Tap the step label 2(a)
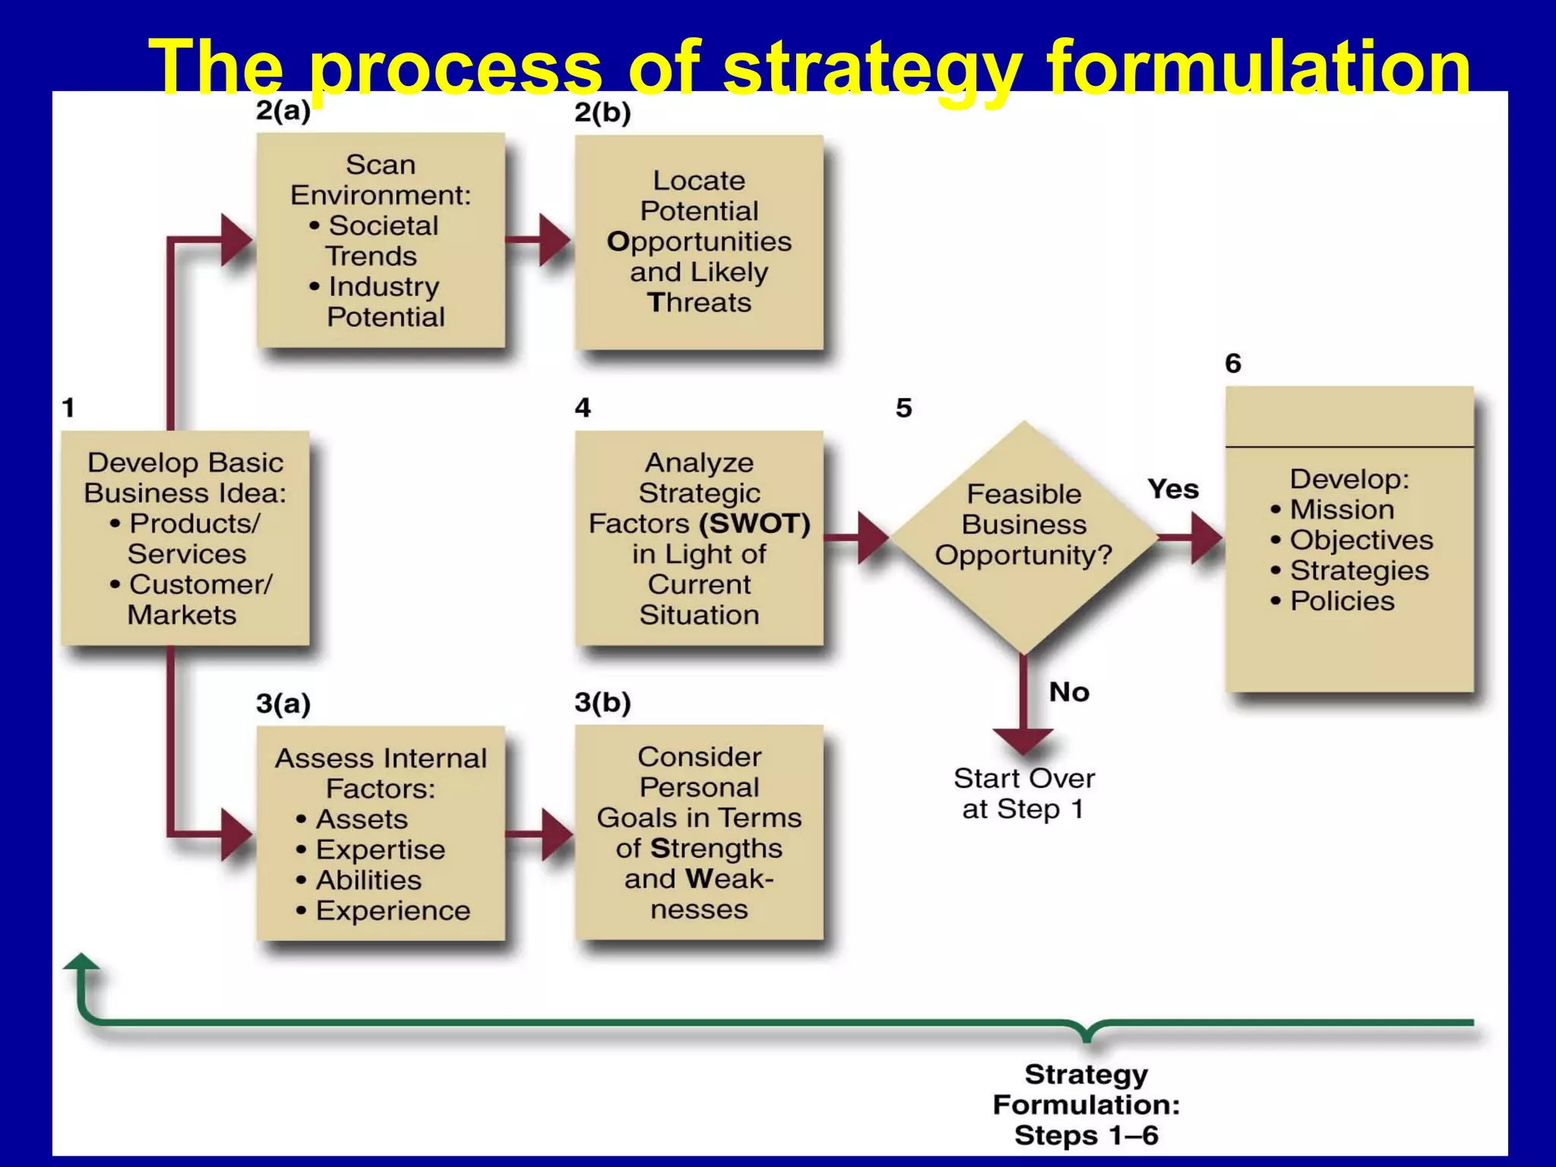click(283, 111)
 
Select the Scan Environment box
click(381, 241)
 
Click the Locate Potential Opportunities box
click(699, 242)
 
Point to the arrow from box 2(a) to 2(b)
click(539, 240)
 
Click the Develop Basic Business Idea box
click(185, 538)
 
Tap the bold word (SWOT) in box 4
click(754, 523)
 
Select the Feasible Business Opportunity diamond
click(1023, 536)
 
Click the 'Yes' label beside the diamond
click(1173, 489)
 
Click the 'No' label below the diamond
click(1069, 692)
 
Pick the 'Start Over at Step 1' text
click(1023, 794)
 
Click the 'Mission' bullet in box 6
click(1341, 510)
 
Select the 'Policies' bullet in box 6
click(1342, 601)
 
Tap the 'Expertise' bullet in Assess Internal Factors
click(380, 849)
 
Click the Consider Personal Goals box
click(699, 833)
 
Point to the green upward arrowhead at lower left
click(81, 963)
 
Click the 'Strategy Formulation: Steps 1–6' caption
click(1086, 1105)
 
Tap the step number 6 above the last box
click(1233, 364)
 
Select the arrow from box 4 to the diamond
click(859, 537)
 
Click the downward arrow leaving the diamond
click(1023, 707)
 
